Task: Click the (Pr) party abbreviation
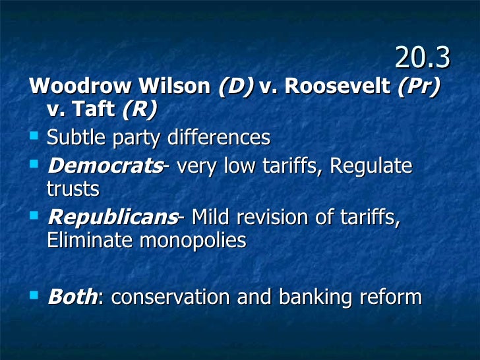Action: [x=418, y=87]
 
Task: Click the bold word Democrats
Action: [x=105, y=165]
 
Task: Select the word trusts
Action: [x=73, y=189]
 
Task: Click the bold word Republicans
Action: [x=112, y=216]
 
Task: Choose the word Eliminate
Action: [x=90, y=241]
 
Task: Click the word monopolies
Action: [x=193, y=241]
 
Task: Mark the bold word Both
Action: [x=73, y=297]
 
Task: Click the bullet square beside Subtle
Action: [x=35, y=136]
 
